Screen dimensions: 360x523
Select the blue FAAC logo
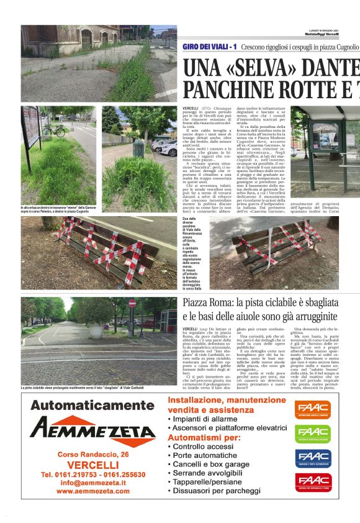coord(313,458)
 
